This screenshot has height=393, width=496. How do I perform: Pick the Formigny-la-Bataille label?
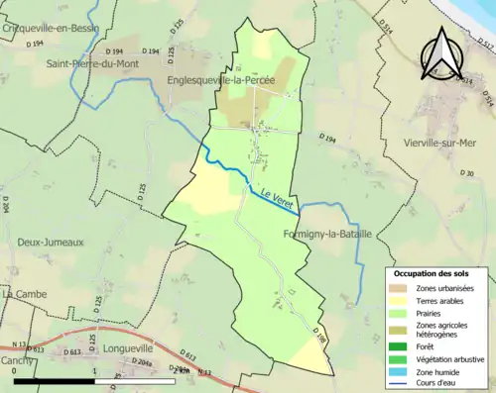(327, 235)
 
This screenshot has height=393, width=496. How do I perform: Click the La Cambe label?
(22, 294)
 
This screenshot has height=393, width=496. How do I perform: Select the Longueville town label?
(126, 348)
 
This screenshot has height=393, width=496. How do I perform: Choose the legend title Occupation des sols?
(437, 273)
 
